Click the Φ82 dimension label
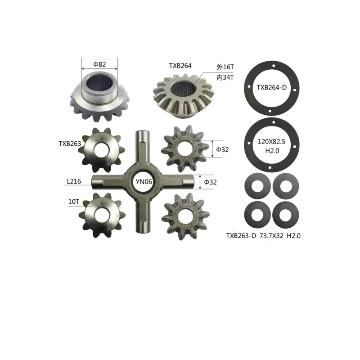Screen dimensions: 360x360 [99, 64]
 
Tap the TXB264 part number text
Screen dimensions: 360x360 [180, 66]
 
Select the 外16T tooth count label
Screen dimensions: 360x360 [225, 67]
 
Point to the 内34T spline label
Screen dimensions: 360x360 [225, 77]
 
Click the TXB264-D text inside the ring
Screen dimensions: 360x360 [272, 87]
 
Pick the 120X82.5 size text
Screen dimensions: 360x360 [271, 142]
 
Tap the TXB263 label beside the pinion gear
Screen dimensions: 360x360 [70, 144]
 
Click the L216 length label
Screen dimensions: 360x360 [74, 181]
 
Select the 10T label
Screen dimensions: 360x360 [73, 202]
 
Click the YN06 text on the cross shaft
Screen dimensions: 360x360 [144, 182]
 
